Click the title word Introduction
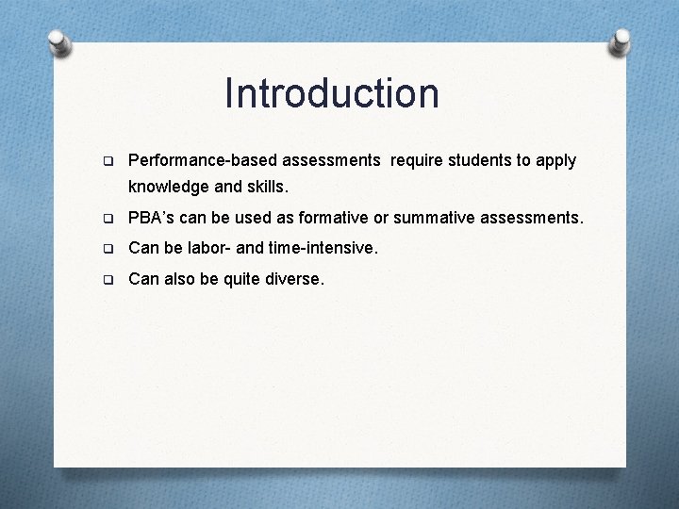pyautogui.click(x=332, y=93)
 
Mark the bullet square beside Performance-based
pyautogui.click(x=108, y=161)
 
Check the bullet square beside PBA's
pyautogui.click(x=108, y=219)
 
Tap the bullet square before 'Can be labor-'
pyautogui.click(x=108, y=249)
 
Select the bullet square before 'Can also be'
pyautogui.click(x=108, y=279)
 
